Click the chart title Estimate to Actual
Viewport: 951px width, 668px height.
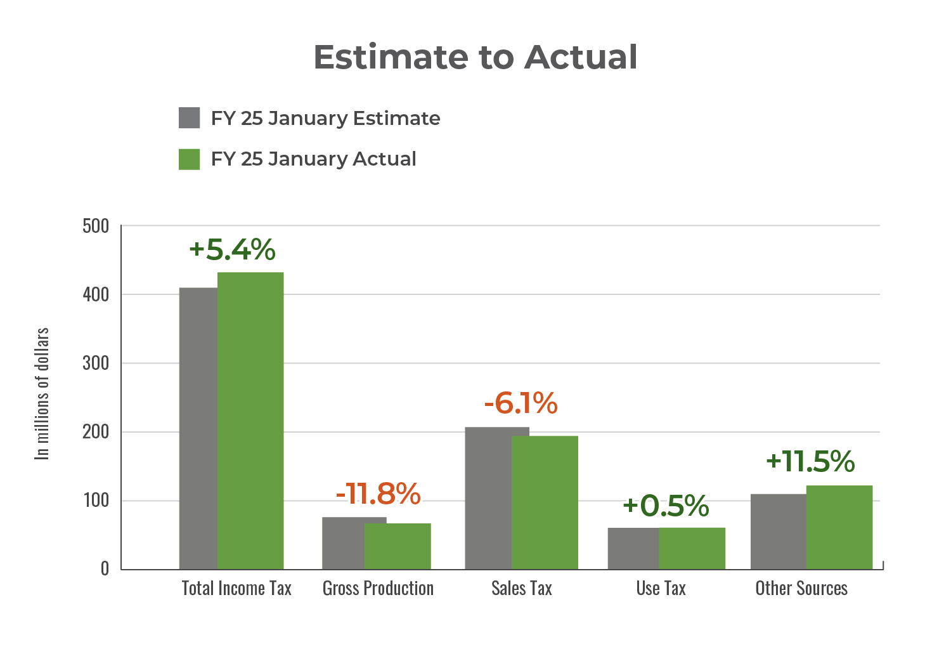(x=475, y=57)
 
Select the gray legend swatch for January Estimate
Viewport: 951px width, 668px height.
(x=190, y=118)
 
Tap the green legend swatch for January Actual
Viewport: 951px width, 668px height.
(x=190, y=159)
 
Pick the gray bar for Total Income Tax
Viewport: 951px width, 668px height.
(x=198, y=428)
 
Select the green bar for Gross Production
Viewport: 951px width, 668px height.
(x=398, y=546)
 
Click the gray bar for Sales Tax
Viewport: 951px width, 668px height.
(x=488, y=498)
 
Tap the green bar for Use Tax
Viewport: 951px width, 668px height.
(x=692, y=548)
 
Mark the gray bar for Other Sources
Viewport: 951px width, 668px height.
(x=778, y=531)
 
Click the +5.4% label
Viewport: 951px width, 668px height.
(x=232, y=249)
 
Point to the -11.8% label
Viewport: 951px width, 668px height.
(x=378, y=494)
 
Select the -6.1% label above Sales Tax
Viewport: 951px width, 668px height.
(x=521, y=403)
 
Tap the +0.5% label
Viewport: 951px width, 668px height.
(x=666, y=506)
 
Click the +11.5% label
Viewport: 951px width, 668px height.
(x=810, y=461)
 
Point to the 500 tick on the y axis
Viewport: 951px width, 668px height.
(x=96, y=226)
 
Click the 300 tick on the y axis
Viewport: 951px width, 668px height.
(x=96, y=363)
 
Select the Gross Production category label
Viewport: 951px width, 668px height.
(x=378, y=589)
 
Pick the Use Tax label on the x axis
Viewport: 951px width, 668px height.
(x=661, y=589)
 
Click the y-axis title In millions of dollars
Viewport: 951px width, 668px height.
(x=42, y=393)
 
